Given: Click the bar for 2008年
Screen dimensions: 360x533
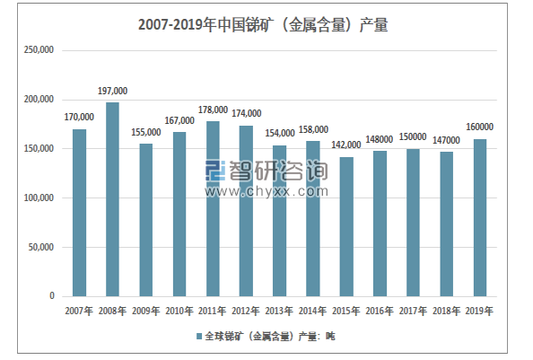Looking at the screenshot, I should (112, 199).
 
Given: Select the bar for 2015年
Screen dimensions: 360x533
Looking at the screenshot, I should (345, 226).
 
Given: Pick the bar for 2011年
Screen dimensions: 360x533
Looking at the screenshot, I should (213, 208).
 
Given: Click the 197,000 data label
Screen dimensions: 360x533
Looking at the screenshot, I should (112, 91).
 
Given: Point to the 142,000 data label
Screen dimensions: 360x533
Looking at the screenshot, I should (345, 145).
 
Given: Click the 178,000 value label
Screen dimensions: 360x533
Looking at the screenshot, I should (213, 110).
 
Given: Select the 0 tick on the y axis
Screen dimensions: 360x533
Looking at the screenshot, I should (52, 296).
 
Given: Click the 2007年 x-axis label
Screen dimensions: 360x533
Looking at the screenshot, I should (79, 312).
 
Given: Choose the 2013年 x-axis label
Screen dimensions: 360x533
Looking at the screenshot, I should (279, 312).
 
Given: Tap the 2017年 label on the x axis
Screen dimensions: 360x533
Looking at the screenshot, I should (413, 312).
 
